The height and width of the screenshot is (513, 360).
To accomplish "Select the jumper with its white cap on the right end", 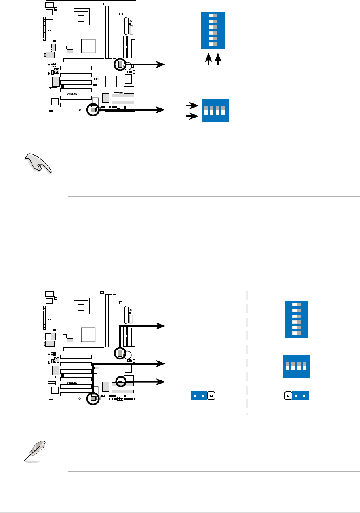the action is click(x=203, y=396).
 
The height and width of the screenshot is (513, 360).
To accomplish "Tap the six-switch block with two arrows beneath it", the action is click(x=213, y=30).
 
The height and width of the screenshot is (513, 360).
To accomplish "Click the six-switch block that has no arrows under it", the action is click(x=297, y=319).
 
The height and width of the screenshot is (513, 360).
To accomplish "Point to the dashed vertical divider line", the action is click(x=247, y=352).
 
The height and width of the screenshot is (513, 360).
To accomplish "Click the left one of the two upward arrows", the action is click(x=208, y=59).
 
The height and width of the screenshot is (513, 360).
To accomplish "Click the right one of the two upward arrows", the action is click(x=219, y=59).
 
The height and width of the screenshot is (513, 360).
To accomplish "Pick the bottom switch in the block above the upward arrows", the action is click(x=213, y=44).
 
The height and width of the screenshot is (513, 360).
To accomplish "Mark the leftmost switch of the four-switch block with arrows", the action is click(x=206, y=110).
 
